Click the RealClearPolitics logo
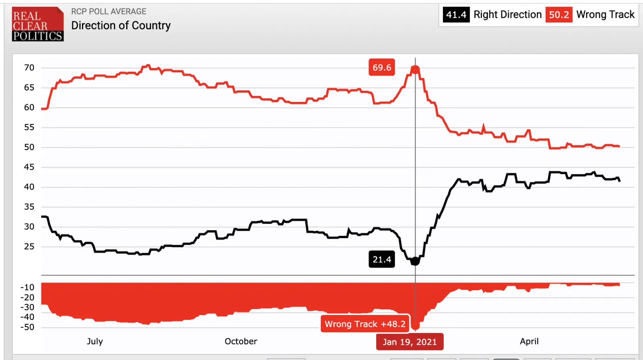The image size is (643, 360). pos(38,24)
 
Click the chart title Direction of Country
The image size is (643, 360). pos(121,26)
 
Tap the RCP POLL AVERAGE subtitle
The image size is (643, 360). pos(109,12)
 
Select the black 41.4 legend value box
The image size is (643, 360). pos(456,15)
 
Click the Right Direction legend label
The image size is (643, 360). pos(508,15)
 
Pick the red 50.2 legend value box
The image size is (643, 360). pos(559,15)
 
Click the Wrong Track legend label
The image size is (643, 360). pos(605,15)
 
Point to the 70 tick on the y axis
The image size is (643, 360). pos(29,68)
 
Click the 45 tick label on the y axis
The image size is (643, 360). pos(29,167)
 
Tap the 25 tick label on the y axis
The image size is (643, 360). pos(29,247)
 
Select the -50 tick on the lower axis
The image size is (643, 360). pos(28,327)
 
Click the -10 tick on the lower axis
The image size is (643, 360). pos(28,288)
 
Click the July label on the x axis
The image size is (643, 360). pos(95,342)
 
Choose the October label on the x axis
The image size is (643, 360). pos(241,342)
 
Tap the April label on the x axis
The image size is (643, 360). pos(529,342)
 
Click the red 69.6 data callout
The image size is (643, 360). pos(382,67)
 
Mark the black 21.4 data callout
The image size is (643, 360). pos(382,260)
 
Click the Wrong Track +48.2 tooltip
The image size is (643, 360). pos(365,324)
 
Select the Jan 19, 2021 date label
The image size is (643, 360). pos(410,342)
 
